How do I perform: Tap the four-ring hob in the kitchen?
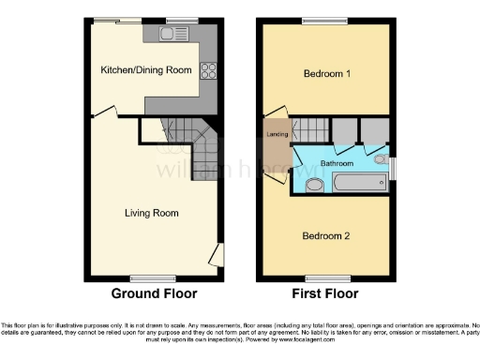point(209,70)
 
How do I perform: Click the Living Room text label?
point(152,213)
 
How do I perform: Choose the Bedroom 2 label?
point(326,235)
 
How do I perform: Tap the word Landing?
point(277,135)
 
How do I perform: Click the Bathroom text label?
point(337,163)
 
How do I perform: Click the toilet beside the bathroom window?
point(381,159)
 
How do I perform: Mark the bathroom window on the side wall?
point(393,169)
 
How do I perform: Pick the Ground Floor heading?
point(154,293)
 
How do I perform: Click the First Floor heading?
point(326,293)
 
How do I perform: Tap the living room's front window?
point(145,277)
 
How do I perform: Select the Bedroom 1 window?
point(317,21)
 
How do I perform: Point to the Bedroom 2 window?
point(322,277)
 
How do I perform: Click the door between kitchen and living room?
point(105,113)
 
